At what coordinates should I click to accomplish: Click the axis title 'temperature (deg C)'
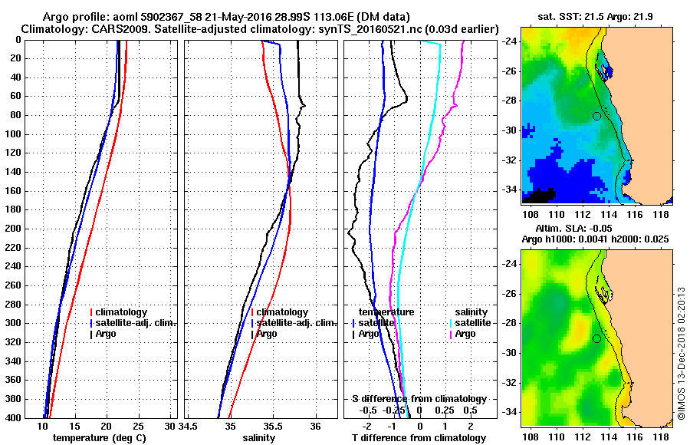pyautogui.click(x=99, y=438)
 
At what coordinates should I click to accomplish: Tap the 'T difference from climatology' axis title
pyautogui.click(x=418, y=438)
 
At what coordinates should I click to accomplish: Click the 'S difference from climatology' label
pyautogui.click(x=419, y=399)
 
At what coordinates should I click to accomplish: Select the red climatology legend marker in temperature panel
pyautogui.click(x=91, y=312)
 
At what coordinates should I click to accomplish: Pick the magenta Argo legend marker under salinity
pyautogui.click(x=452, y=334)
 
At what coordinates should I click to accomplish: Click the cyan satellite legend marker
pyautogui.click(x=452, y=323)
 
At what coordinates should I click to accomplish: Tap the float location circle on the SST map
pyautogui.click(x=596, y=116)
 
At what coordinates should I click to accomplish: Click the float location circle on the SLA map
pyautogui.click(x=596, y=338)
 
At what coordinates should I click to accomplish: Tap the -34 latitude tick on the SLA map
pyautogui.click(x=511, y=411)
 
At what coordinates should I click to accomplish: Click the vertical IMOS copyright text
pyautogui.click(x=681, y=352)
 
